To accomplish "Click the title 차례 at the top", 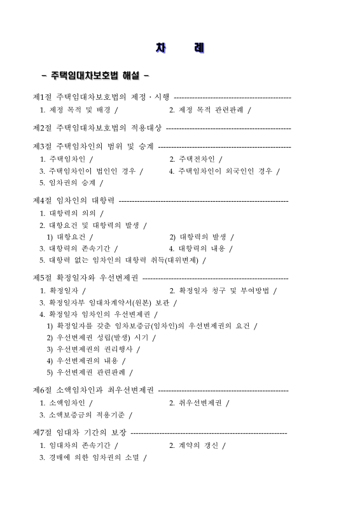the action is coord(179,48).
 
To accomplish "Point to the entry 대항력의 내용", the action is coord(198,249).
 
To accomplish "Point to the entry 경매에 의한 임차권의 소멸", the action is coord(92,457).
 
